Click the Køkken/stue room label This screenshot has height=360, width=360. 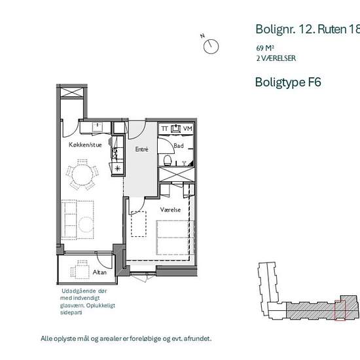[x=85, y=145]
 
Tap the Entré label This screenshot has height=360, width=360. [x=141, y=149]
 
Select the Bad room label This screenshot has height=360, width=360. [x=179, y=146]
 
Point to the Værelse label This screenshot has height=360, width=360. [x=170, y=209]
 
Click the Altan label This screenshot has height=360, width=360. [x=99, y=272]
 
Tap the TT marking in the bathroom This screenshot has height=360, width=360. [x=164, y=128]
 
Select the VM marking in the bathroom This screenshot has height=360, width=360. [x=188, y=128]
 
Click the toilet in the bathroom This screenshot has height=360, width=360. [x=168, y=160]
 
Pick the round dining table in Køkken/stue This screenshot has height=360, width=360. [x=82, y=174]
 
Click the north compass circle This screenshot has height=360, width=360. [x=211, y=46]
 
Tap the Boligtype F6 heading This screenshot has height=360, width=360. [x=288, y=82]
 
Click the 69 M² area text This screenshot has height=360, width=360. [x=265, y=48]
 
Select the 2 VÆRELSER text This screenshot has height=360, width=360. [x=276, y=58]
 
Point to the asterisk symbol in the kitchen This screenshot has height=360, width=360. [x=118, y=169]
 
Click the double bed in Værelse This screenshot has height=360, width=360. [x=175, y=238]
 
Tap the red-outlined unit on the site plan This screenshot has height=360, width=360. [x=340, y=310]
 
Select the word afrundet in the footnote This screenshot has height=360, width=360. [x=198, y=338]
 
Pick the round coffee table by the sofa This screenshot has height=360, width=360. [x=86, y=225]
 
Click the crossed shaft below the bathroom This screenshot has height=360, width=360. [x=177, y=175]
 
